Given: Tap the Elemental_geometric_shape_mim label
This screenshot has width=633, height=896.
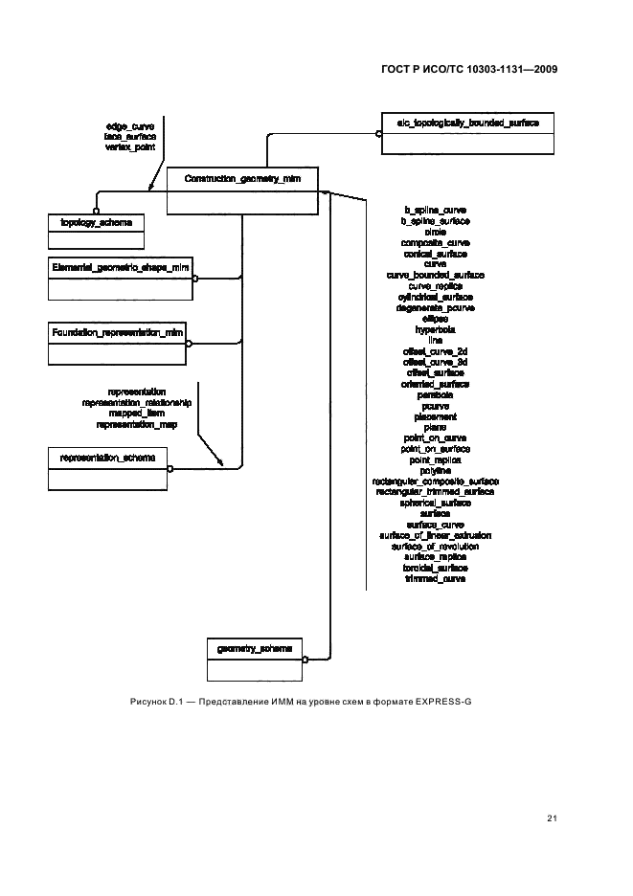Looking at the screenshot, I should (x=121, y=268).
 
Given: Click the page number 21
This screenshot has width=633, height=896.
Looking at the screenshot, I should (x=552, y=818).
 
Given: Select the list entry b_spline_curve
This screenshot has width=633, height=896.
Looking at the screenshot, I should (x=435, y=210).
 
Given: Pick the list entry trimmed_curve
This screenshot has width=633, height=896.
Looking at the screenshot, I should (x=435, y=578).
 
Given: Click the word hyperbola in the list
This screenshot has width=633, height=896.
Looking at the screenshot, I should (x=435, y=328).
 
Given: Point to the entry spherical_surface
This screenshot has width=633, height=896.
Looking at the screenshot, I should (x=435, y=503).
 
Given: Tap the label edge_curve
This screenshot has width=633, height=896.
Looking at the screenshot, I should (x=130, y=126).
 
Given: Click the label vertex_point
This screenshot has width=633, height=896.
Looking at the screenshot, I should (x=130, y=147).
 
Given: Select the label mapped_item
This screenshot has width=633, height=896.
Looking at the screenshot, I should (x=137, y=414).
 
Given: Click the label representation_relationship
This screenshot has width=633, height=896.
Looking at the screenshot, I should (x=137, y=403).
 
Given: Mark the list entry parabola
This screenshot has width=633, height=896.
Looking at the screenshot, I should (x=435, y=394).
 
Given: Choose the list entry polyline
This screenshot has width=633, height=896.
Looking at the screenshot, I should (x=435, y=470).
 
